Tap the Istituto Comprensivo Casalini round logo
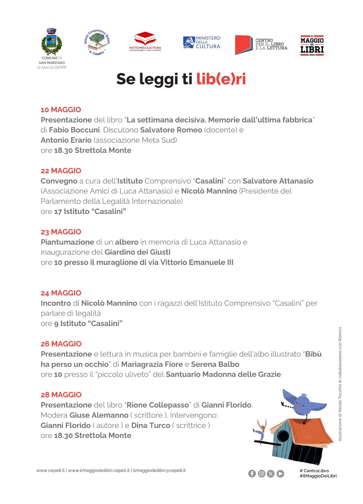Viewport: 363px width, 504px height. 97,43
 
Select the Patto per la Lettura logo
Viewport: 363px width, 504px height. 145,41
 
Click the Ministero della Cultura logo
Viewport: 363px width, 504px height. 202,42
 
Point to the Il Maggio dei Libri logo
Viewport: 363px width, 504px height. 312,46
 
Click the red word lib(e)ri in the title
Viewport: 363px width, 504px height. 221,79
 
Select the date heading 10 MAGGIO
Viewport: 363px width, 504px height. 61,110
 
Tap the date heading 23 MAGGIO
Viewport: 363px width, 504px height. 61,232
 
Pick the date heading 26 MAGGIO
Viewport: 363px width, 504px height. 61,344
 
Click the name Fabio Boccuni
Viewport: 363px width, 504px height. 74,130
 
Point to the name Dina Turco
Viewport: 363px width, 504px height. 151,425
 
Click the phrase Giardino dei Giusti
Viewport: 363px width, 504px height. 137,252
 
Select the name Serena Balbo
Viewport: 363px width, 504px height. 215,364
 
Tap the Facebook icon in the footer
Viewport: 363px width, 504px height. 252,473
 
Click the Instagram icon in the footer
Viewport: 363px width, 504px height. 262,473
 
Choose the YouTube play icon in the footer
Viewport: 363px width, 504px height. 280,473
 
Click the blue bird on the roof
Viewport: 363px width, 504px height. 304,403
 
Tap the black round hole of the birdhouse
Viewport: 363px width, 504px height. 283,436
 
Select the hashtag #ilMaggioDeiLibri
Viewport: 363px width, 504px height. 318,476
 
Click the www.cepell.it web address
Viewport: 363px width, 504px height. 50,470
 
